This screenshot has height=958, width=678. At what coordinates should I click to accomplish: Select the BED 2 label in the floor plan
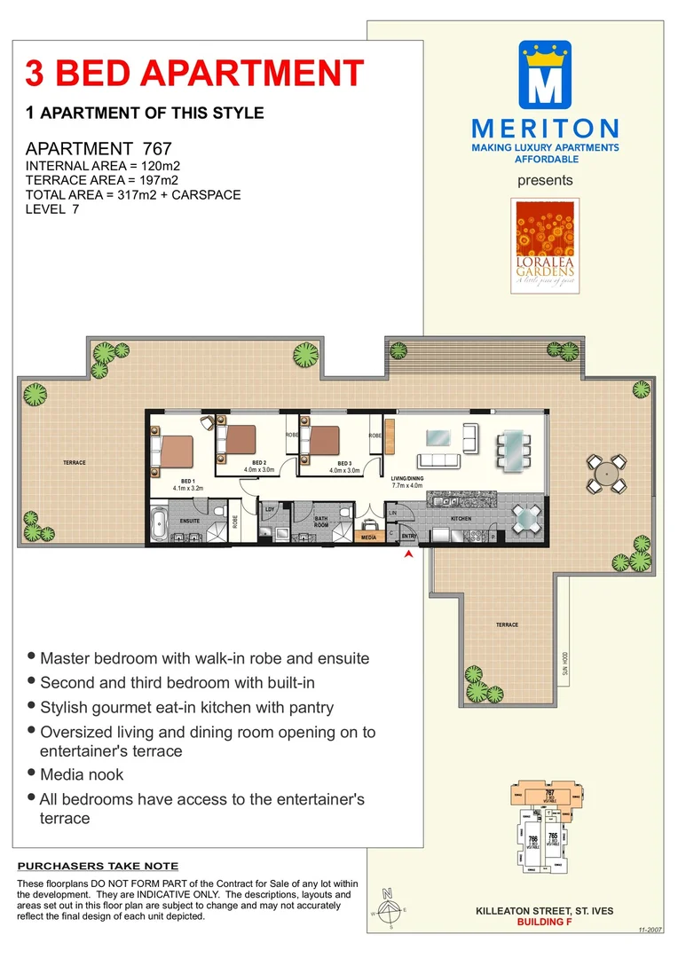[259, 463]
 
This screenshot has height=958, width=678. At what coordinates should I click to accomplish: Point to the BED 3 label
[344, 463]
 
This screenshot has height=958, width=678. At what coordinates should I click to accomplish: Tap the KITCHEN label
[461, 518]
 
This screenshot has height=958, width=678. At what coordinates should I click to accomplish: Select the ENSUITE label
[190, 521]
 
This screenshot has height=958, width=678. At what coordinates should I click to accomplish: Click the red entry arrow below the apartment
[408, 554]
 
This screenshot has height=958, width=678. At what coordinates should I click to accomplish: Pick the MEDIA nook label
[370, 537]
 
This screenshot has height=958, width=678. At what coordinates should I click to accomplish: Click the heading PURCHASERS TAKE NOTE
[98, 866]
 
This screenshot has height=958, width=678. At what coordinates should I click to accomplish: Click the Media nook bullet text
[82, 774]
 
